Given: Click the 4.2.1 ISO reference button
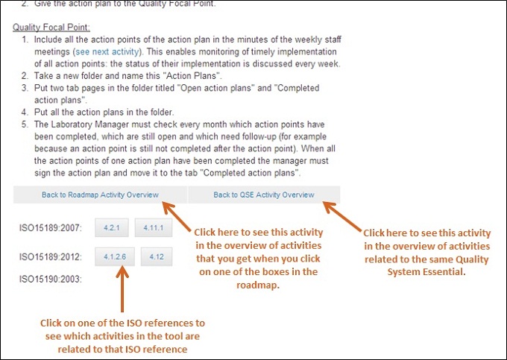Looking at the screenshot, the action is pyautogui.click(x=112, y=228).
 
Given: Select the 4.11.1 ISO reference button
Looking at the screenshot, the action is pyautogui.click(x=154, y=228).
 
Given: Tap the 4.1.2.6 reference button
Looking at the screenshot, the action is pyautogui.click(x=115, y=257).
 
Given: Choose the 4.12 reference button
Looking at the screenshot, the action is pyautogui.click(x=157, y=257).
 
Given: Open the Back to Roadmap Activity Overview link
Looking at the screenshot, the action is pyautogui.click(x=100, y=195).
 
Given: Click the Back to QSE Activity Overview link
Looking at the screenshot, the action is pyautogui.click(x=264, y=195).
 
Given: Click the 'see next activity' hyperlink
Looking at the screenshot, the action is pyautogui.click(x=107, y=51).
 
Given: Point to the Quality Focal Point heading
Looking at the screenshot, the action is pyautogui.click(x=51, y=27).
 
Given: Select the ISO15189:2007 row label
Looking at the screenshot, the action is pyautogui.click(x=51, y=228).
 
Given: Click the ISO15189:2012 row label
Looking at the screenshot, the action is pyautogui.click(x=51, y=257).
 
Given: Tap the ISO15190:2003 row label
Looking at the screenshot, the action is pyautogui.click(x=51, y=279).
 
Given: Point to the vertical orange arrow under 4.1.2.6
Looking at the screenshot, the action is pyautogui.click(x=122, y=289).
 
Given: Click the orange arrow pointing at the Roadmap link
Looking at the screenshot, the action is pyautogui.click(x=177, y=216).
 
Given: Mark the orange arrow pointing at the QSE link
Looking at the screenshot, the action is pyautogui.click(x=342, y=216).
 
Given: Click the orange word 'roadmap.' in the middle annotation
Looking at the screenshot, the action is pyautogui.click(x=258, y=285).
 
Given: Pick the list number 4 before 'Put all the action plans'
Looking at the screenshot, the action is pyautogui.click(x=25, y=113).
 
